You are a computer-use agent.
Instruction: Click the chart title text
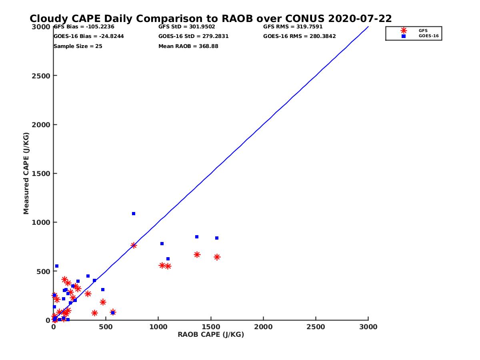(211, 19)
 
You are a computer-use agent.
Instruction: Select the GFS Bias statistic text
(84, 27)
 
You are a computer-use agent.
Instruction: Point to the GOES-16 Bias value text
(89, 36)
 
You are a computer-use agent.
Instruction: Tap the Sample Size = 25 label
(78, 46)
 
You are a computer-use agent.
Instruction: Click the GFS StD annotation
(187, 27)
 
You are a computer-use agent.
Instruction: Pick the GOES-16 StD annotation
(194, 36)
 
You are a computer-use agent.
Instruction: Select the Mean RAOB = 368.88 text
(188, 46)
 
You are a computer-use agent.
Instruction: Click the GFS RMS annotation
(293, 27)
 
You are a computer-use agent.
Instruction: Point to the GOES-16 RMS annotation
(300, 36)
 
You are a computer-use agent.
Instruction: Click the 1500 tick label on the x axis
(211, 327)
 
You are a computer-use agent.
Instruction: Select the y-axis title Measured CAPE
(26, 173)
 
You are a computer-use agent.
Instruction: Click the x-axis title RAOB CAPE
(211, 335)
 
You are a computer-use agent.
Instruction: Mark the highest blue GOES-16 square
(134, 214)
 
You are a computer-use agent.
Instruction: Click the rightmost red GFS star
(217, 257)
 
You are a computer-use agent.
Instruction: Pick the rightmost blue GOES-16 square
(217, 238)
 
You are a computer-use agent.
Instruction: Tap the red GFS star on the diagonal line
(134, 245)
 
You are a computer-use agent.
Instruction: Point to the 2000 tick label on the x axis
(264, 327)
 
